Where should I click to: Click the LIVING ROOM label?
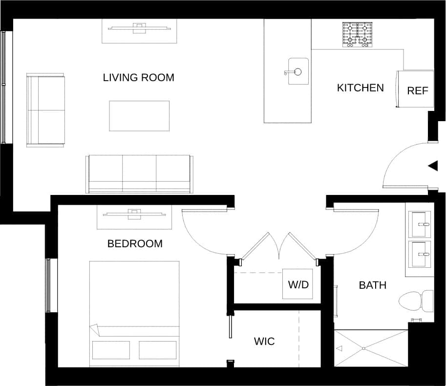pyautogui.click(x=138, y=78)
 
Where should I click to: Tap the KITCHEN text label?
pyautogui.click(x=360, y=88)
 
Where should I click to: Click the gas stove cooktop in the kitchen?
pyautogui.click(x=358, y=35)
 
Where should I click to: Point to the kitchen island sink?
pyautogui.click(x=298, y=71)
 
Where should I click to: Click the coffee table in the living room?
pyautogui.click(x=139, y=116)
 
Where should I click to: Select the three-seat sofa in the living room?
pyautogui.click(x=139, y=174)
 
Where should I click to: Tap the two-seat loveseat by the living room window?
pyautogui.click(x=45, y=110)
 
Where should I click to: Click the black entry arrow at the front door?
pyautogui.click(x=433, y=166)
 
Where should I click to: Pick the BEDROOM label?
pyautogui.click(x=135, y=243)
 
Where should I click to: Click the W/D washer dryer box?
pyautogui.click(x=298, y=284)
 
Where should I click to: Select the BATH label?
pyautogui.click(x=373, y=285)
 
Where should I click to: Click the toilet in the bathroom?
pyautogui.click(x=415, y=301)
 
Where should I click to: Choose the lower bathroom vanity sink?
pyautogui.click(x=420, y=254)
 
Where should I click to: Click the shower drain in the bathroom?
pyautogui.click(x=363, y=348)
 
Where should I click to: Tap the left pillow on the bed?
pyautogui.click(x=111, y=350)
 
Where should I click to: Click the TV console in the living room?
pyautogui.click(x=139, y=31)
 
